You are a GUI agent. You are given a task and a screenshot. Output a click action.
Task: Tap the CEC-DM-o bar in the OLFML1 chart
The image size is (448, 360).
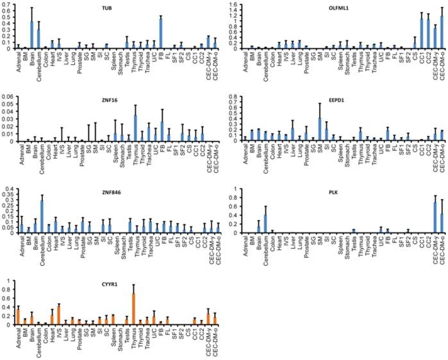pos(442,32)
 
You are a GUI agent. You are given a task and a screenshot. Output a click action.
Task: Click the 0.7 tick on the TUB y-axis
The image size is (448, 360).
pos(7,6)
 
